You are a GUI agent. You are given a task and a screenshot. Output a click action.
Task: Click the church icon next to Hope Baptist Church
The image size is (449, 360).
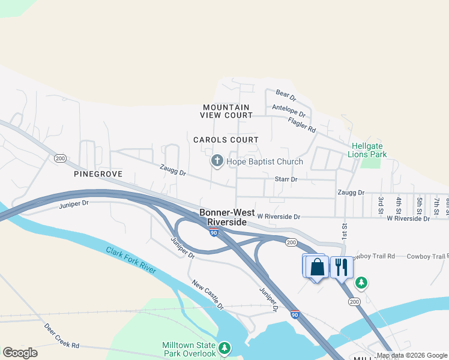tap(217, 161)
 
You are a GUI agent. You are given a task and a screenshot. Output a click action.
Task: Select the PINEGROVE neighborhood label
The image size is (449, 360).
tap(98, 174)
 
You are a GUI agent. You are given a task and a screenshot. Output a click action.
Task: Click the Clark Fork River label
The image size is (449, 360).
tap(131, 260)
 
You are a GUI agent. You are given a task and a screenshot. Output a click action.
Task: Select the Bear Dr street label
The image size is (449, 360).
tap(286, 95)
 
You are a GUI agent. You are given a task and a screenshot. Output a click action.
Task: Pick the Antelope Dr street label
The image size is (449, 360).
tap(289, 111)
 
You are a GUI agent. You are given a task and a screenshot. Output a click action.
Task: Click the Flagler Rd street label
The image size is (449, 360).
tap(301, 124)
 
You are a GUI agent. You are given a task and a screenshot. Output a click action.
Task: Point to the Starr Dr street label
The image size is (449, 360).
tap(286, 179)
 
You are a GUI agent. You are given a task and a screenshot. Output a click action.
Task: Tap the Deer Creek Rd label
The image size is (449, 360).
tap(62, 337)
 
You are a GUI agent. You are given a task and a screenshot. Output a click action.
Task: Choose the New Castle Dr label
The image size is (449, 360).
tap(207, 294)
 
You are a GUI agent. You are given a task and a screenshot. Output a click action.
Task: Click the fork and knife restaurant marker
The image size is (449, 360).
tap(341, 267)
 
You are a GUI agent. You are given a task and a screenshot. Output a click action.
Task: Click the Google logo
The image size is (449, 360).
tap(20, 353)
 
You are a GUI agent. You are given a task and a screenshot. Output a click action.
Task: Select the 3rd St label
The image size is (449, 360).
tap(381, 203)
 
